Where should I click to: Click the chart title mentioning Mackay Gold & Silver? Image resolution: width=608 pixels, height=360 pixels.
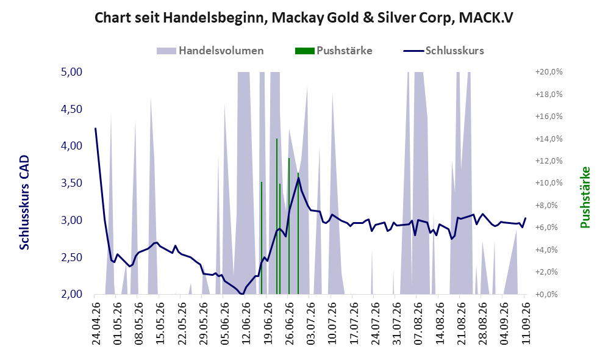click(304, 18)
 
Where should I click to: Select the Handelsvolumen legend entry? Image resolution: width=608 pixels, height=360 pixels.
click(210, 51)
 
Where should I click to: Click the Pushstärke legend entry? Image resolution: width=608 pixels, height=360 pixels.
click(334, 51)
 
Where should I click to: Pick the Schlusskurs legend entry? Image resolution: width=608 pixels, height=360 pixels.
click(443, 51)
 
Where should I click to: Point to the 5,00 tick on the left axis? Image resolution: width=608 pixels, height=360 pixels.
click(72, 72)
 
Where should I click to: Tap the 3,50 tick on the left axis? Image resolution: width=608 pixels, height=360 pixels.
click(72, 183)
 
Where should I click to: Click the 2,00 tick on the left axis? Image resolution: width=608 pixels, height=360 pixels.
click(72, 294)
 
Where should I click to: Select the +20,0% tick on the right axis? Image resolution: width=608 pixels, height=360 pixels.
click(549, 72)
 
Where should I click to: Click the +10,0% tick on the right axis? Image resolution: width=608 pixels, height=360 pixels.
click(549, 183)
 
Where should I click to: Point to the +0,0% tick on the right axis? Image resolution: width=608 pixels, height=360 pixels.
click(549, 294)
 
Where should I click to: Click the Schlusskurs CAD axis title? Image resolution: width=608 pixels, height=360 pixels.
click(24, 203)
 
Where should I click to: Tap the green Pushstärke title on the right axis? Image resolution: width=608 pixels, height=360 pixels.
click(585, 198)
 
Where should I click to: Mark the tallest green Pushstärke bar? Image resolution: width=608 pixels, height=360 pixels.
click(277, 216)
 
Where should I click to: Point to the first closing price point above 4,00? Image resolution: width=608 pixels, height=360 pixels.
click(95, 128)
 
